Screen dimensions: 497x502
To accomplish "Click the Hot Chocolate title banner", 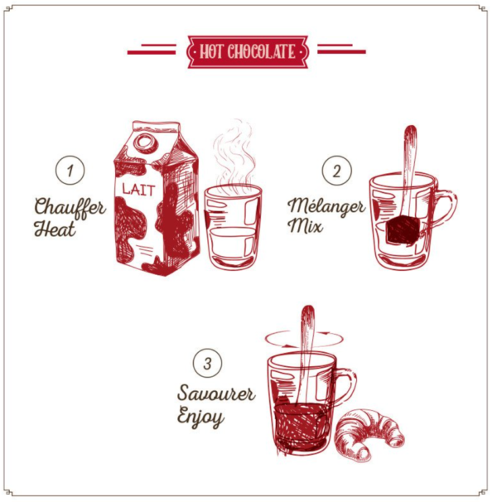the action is click(x=248, y=52).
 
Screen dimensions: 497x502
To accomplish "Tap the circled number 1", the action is click(x=70, y=170).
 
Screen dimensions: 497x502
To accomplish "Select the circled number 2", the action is click(x=336, y=170).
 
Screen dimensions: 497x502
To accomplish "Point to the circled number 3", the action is click(x=208, y=363).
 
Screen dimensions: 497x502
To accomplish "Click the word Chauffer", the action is click(x=70, y=208).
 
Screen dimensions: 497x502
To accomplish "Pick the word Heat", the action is click(x=55, y=229).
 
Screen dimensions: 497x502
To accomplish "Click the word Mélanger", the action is click(x=326, y=206).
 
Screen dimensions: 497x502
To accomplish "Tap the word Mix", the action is click(x=305, y=225).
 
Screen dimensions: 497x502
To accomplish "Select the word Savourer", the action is click(x=216, y=393).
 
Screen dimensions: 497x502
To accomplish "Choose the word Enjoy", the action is click(x=200, y=417).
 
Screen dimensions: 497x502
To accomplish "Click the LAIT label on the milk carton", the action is click(x=138, y=190).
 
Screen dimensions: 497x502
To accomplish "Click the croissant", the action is click(x=369, y=433).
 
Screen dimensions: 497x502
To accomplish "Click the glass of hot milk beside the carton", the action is click(x=233, y=225).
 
